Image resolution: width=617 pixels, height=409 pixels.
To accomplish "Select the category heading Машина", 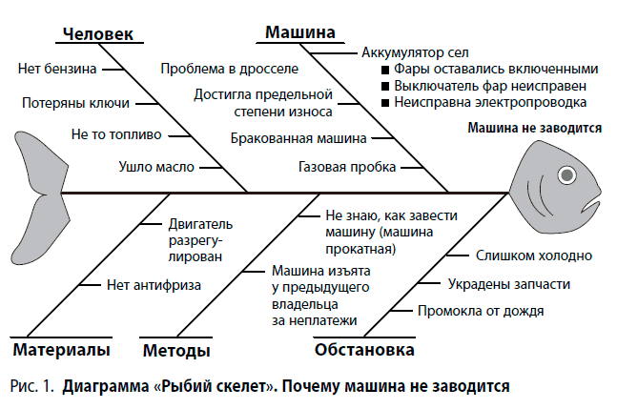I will point(298,32).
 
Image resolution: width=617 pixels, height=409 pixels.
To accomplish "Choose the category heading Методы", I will point(176,351).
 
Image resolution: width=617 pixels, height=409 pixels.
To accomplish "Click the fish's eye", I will point(567,174).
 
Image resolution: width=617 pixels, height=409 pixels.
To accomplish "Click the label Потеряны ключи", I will point(65,102).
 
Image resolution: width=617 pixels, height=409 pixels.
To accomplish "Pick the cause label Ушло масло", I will point(156,167).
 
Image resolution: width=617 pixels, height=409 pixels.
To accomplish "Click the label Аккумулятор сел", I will point(414,52).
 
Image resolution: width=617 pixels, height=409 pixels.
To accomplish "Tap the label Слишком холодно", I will point(535,256).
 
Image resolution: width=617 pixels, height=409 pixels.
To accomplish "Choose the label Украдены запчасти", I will point(509,283).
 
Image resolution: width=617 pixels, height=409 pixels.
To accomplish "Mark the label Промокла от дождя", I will point(482,311).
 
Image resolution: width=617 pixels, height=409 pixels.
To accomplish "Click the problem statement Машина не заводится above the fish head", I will point(534,128).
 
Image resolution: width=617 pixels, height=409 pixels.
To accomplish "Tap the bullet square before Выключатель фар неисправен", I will point(384,86).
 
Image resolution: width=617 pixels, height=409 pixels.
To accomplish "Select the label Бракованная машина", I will point(298,138).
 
